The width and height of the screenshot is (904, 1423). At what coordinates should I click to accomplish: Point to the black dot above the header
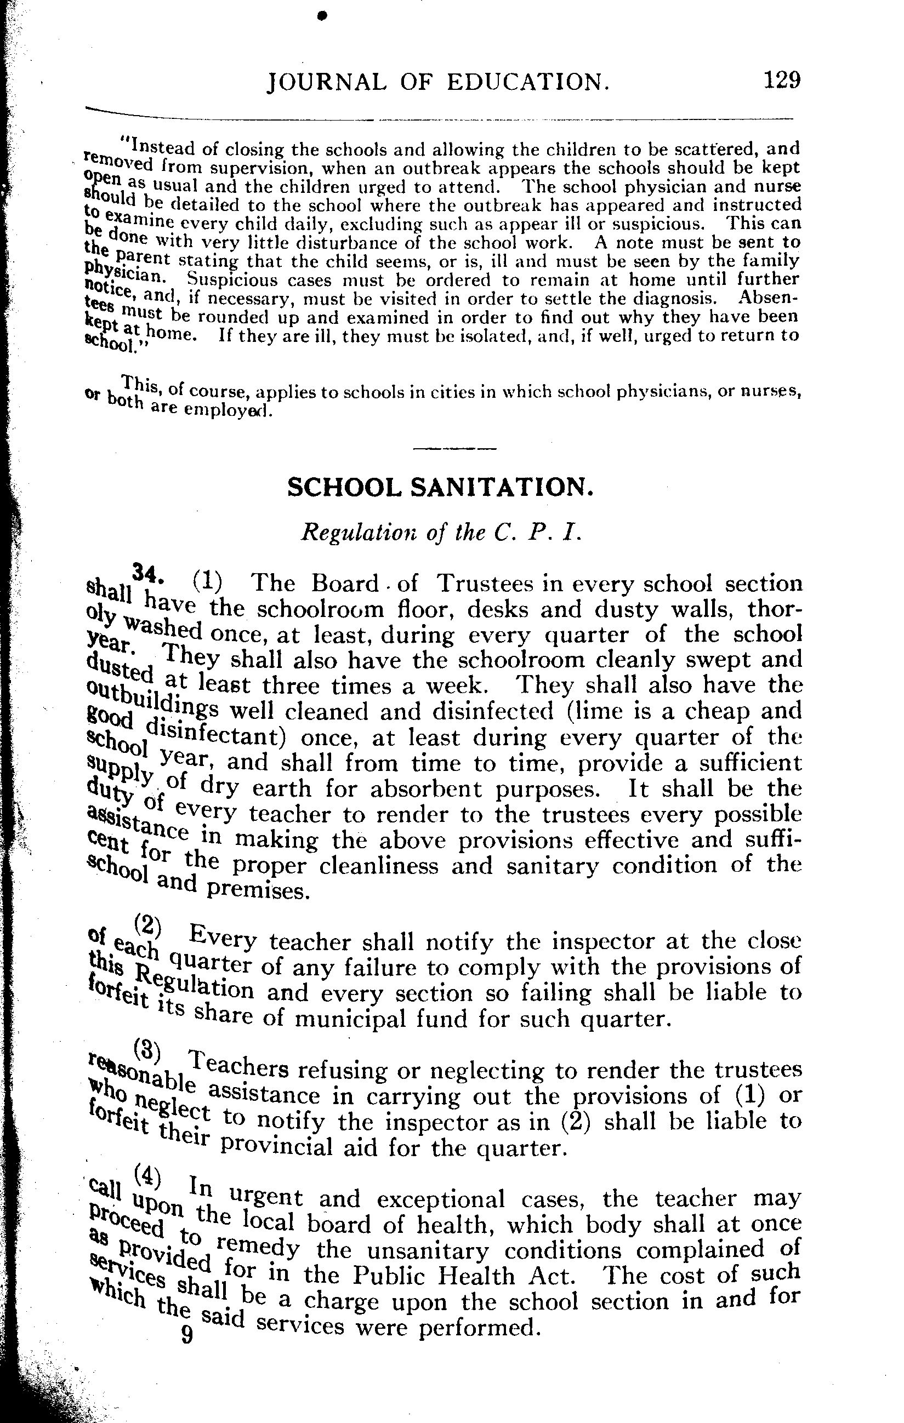pyautogui.click(x=322, y=16)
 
